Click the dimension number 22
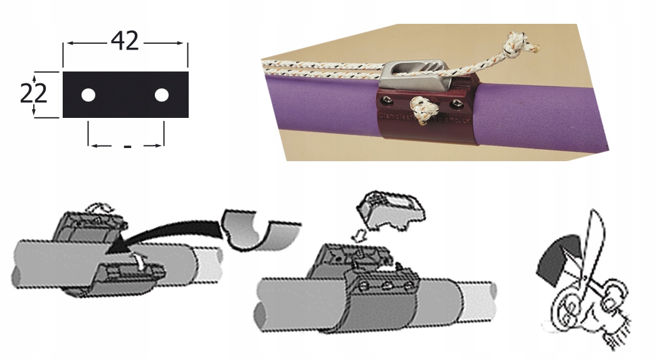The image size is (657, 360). (x=33, y=94)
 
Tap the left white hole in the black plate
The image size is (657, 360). (x=88, y=95)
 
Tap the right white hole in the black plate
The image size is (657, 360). (x=162, y=95)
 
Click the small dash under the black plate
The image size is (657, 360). (x=127, y=147)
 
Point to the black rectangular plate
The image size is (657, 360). (x=125, y=94)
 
